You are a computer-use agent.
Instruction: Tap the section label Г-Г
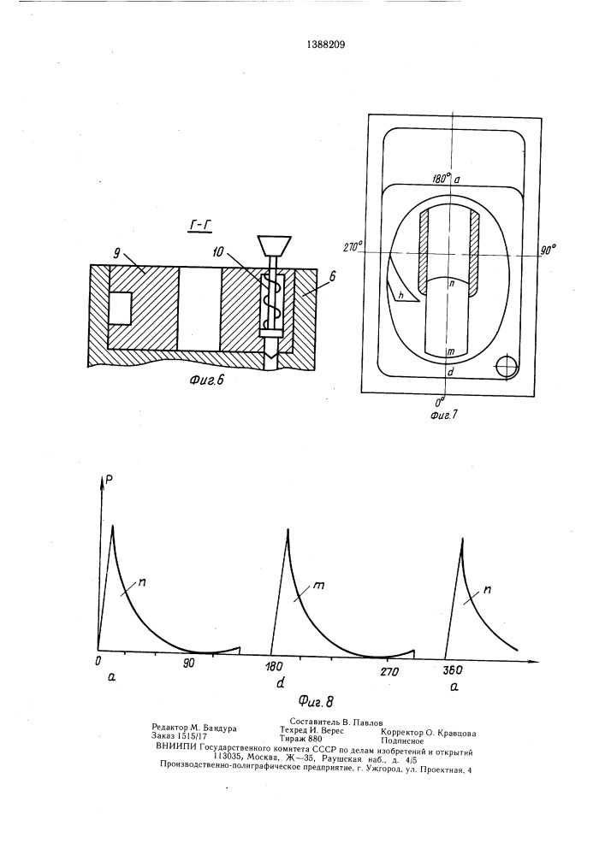(199, 227)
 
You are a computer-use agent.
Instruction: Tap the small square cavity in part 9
(120, 308)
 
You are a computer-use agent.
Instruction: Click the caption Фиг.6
(207, 380)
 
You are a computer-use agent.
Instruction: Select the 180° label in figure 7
(442, 179)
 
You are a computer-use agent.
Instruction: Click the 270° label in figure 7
(353, 247)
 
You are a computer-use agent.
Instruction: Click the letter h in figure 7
(400, 295)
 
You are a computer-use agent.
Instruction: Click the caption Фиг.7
(443, 416)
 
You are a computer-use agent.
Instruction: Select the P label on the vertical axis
(110, 480)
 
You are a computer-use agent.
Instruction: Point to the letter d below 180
(281, 682)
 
